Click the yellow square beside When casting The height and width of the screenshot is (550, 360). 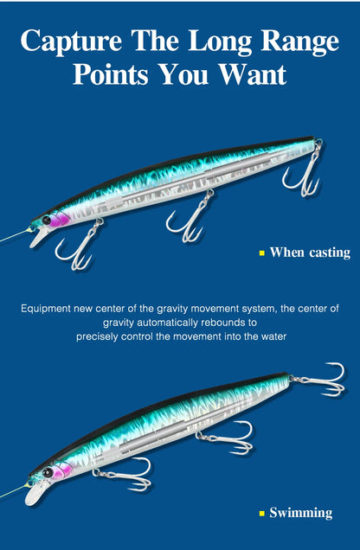pyautogui.click(x=261, y=253)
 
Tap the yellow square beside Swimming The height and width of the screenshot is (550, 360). pyautogui.click(x=261, y=514)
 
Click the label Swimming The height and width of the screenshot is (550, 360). pyautogui.click(x=300, y=513)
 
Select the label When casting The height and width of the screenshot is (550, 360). pyautogui.click(x=310, y=253)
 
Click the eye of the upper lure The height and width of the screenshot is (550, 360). pyautogui.click(x=47, y=221)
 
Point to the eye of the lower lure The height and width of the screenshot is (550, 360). pyautogui.click(x=48, y=473)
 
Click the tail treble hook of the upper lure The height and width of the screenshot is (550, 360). pyautogui.click(x=302, y=173)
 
